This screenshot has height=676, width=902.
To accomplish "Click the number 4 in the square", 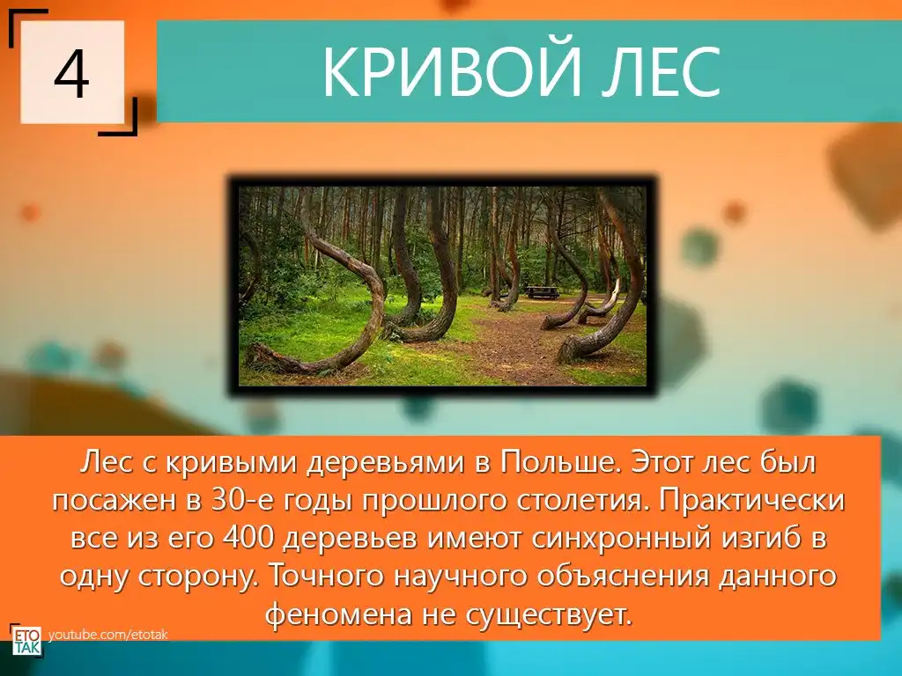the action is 72,74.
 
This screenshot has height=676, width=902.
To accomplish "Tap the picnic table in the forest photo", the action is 541,292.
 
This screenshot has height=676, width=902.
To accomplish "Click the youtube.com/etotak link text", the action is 107,635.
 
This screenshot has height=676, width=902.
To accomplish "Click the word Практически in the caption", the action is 752,501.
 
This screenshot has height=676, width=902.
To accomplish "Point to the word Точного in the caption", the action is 326,576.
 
